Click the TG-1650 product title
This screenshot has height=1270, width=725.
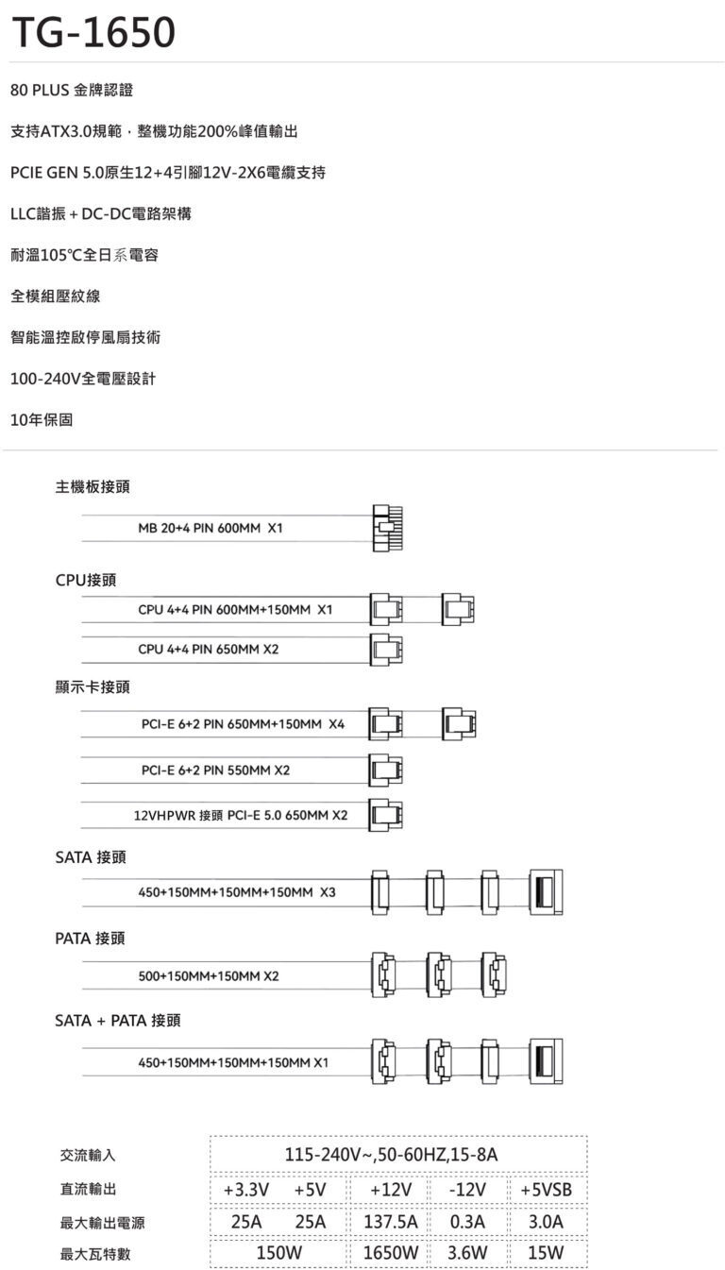tap(93, 33)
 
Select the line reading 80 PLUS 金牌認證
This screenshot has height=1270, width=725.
tap(72, 91)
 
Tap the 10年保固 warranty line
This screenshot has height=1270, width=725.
tap(42, 419)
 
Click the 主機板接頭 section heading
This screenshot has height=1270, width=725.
tap(93, 487)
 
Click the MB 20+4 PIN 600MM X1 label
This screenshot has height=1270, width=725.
tap(210, 529)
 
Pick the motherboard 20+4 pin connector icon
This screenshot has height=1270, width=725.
tap(387, 529)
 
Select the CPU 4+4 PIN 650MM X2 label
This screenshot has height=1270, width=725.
tap(209, 650)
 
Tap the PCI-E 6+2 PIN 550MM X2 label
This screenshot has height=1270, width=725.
tap(215, 770)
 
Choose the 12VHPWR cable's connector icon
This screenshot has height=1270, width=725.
tap(386, 814)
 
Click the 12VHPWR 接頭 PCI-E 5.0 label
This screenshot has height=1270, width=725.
tap(241, 815)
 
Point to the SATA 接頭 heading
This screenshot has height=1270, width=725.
tap(91, 857)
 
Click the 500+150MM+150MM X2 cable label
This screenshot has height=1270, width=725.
tap(209, 975)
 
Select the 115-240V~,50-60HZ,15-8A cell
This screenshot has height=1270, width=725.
tap(397, 1155)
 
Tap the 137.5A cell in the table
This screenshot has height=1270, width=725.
tap(391, 1221)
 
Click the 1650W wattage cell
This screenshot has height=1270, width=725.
tap(391, 1253)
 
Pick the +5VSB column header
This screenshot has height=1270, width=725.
tap(547, 1189)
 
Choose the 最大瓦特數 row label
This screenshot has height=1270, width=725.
tap(95, 1254)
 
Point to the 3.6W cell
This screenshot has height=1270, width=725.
tap(467, 1253)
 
